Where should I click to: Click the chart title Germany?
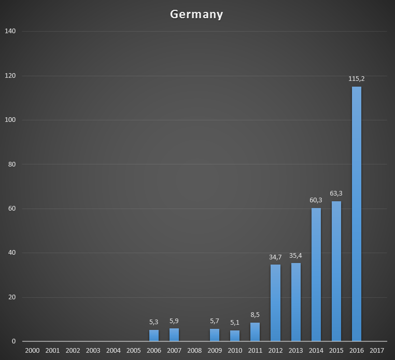(x=196, y=14)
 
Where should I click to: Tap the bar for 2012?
(x=275, y=303)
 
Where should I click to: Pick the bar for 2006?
(x=154, y=336)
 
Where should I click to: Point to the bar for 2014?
(x=316, y=274)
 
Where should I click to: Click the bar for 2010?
(x=235, y=336)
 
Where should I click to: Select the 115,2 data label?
(x=357, y=79)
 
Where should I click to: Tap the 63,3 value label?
(x=336, y=193)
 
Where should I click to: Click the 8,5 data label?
(x=255, y=315)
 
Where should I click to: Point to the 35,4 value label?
(x=296, y=255)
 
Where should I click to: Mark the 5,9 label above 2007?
(x=174, y=321)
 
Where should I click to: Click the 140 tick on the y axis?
(x=10, y=31)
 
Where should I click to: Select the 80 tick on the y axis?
(x=11, y=164)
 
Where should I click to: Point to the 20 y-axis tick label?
(x=11, y=297)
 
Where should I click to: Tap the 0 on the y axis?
(x=13, y=341)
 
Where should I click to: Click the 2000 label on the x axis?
(x=32, y=351)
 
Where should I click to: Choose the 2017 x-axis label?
(x=377, y=351)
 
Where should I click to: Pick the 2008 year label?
(x=194, y=351)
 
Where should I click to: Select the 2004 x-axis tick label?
(x=113, y=351)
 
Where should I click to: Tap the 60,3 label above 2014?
(x=316, y=200)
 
